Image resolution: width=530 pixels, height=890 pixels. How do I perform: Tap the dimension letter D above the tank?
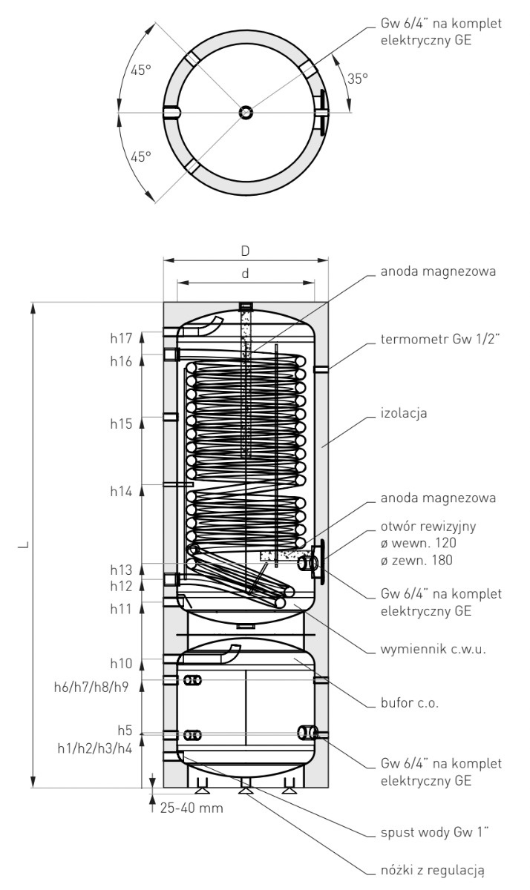245,251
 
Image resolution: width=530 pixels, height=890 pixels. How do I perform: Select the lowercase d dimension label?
245,274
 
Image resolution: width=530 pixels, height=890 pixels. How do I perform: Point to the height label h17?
120,338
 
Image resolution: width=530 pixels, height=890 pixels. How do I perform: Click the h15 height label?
120,423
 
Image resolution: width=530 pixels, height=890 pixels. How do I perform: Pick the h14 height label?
120,491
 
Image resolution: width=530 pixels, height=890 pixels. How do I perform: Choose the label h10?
120,662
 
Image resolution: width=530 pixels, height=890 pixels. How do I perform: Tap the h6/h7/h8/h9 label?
93,687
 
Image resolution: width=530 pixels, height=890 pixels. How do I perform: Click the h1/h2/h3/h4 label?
94,748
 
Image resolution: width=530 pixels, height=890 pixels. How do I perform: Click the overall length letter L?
25,545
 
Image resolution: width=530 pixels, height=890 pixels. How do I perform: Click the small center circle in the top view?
245,113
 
